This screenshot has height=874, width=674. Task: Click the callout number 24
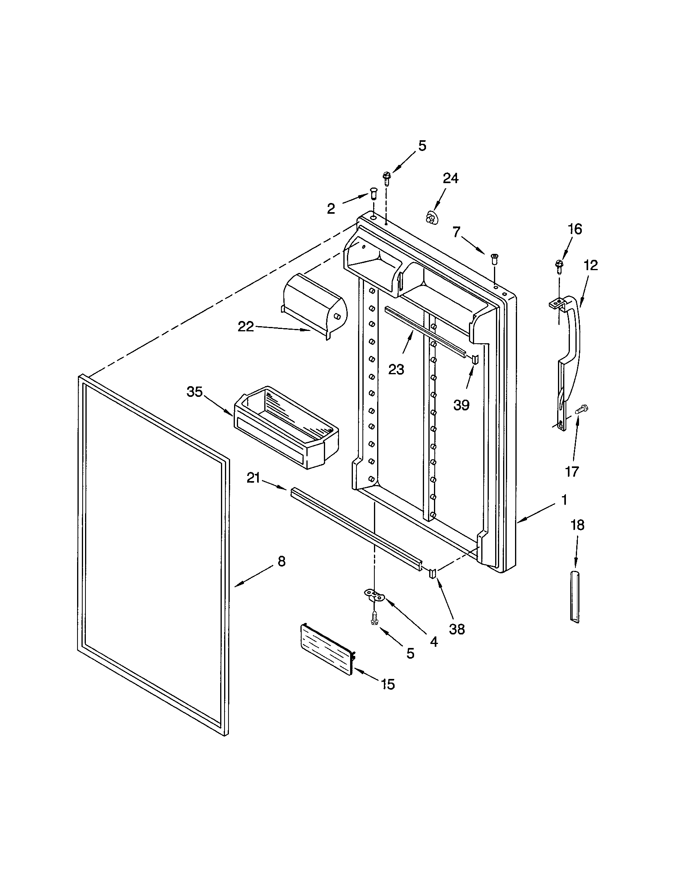pos(450,178)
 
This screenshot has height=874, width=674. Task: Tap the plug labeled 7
pos(494,258)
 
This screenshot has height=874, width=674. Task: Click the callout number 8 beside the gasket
pos(282,561)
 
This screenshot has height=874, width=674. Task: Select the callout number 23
pos(396,369)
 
